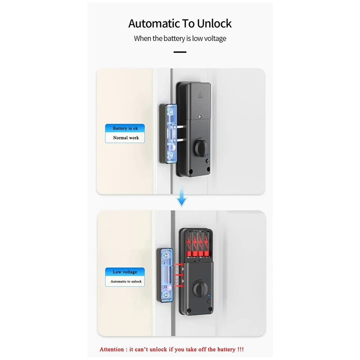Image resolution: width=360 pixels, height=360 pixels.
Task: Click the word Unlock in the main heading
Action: click(211, 23)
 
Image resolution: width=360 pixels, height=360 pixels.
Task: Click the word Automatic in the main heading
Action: click(152, 23)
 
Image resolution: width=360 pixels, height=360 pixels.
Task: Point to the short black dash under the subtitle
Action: click(180, 52)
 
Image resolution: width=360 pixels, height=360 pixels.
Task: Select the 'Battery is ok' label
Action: click(125, 129)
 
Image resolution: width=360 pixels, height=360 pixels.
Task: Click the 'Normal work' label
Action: click(126, 138)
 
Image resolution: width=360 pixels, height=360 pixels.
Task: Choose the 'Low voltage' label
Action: click(125, 272)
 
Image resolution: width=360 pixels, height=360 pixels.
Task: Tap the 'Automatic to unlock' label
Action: click(126, 281)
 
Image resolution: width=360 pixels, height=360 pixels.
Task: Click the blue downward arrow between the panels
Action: click(181, 199)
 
